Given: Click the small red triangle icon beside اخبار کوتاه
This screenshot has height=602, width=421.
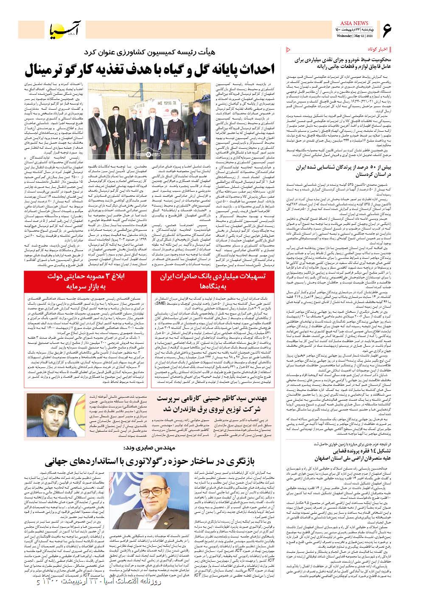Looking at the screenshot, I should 289,48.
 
